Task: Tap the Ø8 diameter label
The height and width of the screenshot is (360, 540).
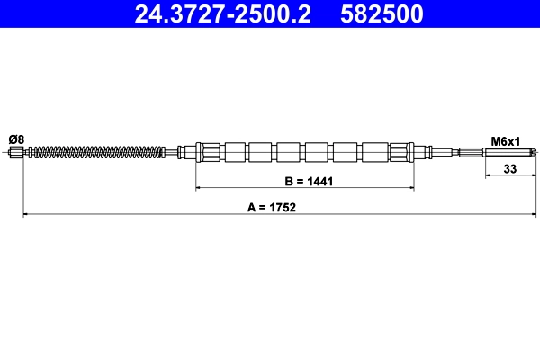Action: (x=16, y=139)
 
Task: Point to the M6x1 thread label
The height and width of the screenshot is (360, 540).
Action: (x=507, y=140)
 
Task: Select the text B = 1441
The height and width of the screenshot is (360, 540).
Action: (x=309, y=181)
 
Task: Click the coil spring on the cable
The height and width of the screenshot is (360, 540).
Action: (x=99, y=152)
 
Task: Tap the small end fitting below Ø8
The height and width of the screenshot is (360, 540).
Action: (x=15, y=153)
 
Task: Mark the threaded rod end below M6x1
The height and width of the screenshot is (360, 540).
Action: (x=508, y=152)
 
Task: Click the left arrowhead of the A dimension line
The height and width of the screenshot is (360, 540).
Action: (x=26, y=214)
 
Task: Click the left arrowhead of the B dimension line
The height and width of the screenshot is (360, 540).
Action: (x=201, y=189)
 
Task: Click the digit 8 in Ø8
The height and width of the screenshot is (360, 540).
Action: (x=21, y=139)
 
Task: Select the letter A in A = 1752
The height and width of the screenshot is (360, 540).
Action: (x=251, y=206)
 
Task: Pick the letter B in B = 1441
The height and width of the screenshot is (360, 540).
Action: (x=289, y=181)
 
